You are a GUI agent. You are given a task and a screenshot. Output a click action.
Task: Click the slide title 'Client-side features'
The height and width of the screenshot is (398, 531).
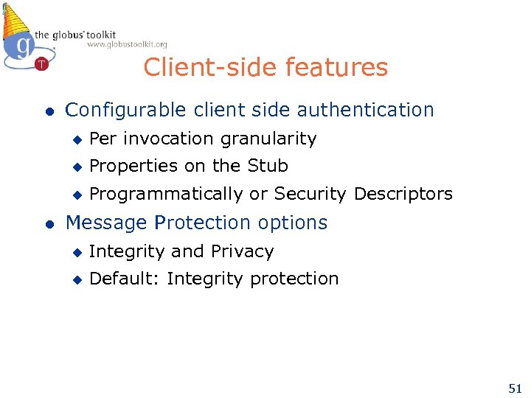(265, 67)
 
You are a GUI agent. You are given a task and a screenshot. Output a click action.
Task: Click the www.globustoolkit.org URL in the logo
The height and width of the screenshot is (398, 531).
(127, 45)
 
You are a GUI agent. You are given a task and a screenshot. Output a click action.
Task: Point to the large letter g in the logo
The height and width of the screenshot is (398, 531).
(24, 46)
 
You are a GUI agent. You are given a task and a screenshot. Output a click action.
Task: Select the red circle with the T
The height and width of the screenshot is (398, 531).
(41, 64)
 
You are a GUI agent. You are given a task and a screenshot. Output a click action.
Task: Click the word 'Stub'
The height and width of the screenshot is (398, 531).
(268, 166)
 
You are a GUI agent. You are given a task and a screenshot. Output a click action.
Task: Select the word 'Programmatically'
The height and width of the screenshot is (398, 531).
(165, 195)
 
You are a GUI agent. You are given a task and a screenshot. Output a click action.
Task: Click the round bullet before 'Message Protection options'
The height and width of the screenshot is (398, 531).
(49, 224)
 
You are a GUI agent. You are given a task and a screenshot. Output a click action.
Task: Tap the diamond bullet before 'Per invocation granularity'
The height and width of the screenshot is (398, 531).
(75, 139)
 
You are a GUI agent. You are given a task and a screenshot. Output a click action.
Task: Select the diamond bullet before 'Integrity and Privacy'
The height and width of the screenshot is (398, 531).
(75, 252)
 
